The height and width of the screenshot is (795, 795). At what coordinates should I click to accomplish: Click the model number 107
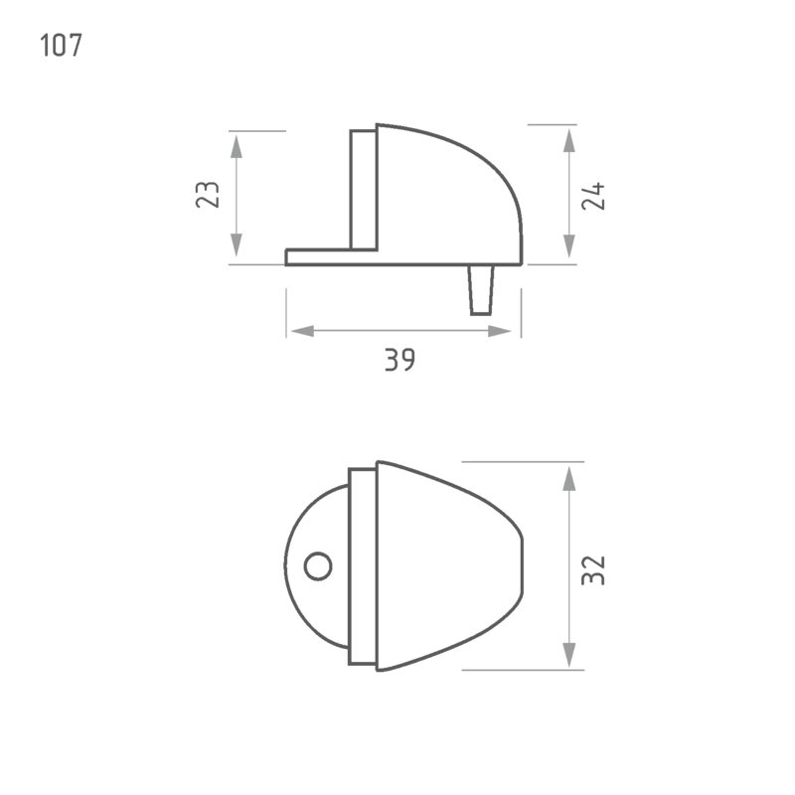61,45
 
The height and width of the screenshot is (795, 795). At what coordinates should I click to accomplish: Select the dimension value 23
208,194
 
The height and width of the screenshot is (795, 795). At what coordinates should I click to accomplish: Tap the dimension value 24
593,196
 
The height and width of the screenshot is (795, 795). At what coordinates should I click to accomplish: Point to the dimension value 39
400,360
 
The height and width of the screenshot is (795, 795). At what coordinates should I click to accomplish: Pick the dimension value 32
593,570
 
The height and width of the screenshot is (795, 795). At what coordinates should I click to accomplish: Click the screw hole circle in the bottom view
318,566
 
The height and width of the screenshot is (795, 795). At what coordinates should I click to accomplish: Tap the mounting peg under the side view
481,290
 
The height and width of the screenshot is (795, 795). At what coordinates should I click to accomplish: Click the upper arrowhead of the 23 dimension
237,146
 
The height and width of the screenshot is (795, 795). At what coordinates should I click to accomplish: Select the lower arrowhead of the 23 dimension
237,244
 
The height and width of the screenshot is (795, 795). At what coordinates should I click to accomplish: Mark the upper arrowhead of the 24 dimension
569,140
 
